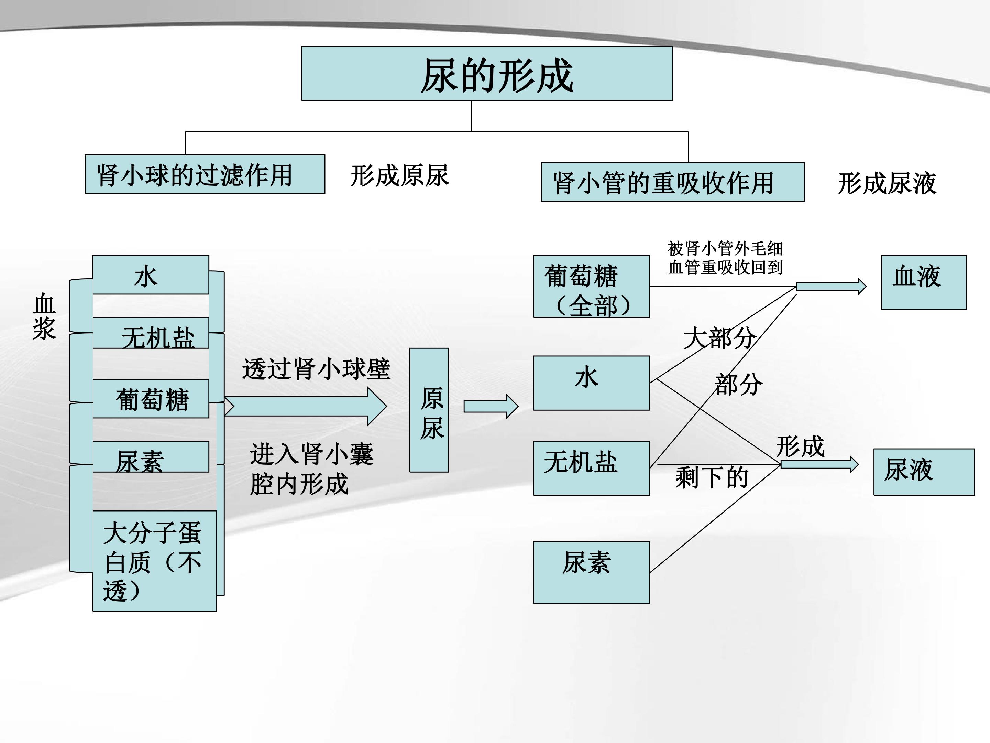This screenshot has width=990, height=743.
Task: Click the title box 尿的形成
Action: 487,74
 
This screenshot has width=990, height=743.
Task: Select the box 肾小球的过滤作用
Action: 205,174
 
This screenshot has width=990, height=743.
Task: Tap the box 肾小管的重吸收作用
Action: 673,182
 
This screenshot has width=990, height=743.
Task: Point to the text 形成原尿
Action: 400,175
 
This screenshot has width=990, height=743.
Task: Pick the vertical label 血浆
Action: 44,316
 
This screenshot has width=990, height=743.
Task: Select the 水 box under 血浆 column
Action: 151,274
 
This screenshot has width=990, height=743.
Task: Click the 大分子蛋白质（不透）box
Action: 154,561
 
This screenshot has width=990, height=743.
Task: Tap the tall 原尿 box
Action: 429,410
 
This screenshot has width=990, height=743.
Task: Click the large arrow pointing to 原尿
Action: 305,406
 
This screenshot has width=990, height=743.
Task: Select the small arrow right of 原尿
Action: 491,406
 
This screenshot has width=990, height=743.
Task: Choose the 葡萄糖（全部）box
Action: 592,287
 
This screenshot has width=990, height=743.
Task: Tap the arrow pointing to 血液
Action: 831,286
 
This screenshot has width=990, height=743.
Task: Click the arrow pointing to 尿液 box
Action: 819,464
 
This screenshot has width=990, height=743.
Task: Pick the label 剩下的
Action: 712,477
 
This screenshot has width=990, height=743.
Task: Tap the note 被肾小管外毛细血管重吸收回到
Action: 725,258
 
